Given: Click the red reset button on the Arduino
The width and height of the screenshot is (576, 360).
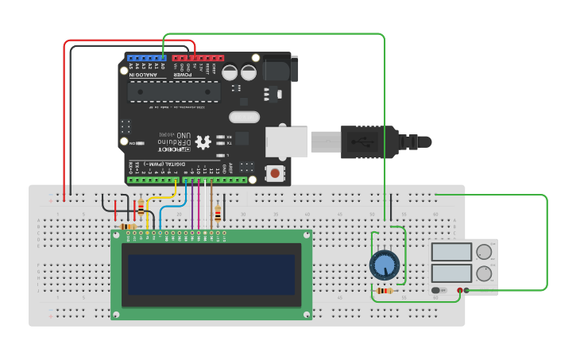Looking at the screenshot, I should (275, 172).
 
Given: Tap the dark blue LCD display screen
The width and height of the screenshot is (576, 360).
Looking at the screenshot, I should (211, 274).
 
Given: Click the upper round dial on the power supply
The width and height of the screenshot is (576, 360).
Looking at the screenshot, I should (483, 253).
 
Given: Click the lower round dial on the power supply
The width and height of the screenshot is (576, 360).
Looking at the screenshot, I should (483, 274).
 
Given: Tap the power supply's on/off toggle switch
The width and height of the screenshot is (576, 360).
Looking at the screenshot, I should (438, 290).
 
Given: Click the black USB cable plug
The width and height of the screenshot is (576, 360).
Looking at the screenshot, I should (367, 141).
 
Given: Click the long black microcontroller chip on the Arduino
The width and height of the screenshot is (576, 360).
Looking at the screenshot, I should (174, 91).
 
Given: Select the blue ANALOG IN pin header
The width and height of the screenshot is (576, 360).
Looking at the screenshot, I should (146, 58).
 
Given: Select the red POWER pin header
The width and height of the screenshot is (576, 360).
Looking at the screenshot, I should (198, 58).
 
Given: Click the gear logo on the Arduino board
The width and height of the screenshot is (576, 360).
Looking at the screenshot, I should (203, 142).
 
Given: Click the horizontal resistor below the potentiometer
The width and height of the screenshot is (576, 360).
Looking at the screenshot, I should (385, 291).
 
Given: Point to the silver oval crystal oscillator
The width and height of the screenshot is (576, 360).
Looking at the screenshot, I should (245, 118).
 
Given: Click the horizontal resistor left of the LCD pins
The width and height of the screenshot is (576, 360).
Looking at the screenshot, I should (127, 226).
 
